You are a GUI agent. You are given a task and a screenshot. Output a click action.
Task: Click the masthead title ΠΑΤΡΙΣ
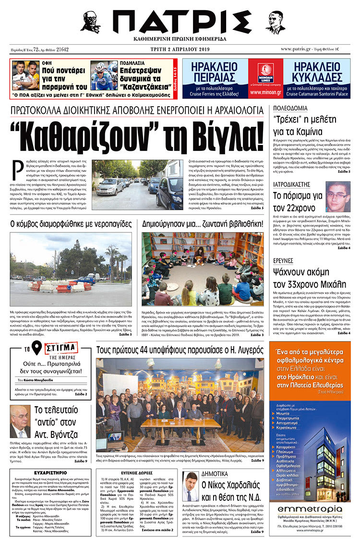180,21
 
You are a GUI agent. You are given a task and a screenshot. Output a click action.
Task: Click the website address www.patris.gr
295,49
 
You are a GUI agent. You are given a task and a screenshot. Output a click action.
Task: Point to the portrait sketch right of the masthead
275,22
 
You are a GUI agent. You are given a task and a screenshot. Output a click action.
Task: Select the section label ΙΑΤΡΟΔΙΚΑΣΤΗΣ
293,183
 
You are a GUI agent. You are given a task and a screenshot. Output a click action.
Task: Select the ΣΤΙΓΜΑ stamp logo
60,348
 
